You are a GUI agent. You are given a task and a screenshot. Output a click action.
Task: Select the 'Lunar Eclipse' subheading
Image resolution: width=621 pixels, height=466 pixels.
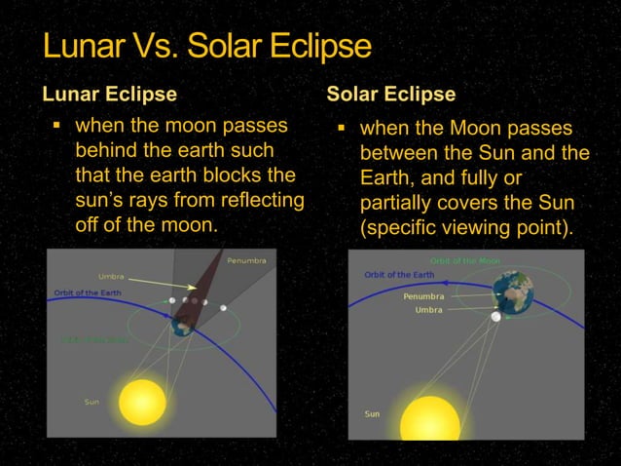(x=109, y=95)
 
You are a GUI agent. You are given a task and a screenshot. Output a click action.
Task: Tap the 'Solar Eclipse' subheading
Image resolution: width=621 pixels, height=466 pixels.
(x=390, y=95)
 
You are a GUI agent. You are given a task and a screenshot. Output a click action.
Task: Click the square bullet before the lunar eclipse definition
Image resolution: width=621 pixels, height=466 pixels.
(x=56, y=127)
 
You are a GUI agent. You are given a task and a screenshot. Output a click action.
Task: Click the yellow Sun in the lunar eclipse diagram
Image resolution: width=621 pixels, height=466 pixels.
(x=142, y=402)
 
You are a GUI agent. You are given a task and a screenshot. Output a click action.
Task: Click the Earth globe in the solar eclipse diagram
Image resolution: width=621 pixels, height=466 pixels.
(x=513, y=291)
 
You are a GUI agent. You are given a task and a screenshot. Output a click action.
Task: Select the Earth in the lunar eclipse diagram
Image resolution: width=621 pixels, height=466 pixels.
(x=182, y=328)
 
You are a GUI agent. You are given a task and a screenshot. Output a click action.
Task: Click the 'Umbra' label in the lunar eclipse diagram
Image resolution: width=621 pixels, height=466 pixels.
(x=111, y=277)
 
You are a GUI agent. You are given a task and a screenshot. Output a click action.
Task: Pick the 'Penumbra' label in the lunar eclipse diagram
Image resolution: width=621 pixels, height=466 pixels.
(x=246, y=260)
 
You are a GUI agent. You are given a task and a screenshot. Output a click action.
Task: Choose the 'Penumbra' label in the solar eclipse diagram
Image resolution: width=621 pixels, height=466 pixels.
(x=423, y=295)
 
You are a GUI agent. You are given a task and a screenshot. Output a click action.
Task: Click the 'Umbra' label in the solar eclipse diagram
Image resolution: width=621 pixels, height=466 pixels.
(x=428, y=310)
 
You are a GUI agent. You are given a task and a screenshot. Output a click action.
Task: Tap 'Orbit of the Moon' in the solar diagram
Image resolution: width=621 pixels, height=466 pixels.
(x=466, y=260)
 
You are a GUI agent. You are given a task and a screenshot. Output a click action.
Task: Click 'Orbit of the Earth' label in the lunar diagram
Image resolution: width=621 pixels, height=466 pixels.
(x=88, y=293)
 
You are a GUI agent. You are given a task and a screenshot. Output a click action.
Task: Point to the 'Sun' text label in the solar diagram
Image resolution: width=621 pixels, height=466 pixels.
(x=372, y=414)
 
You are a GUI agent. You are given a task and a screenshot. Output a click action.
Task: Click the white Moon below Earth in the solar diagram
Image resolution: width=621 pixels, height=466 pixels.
(x=496, y=317)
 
